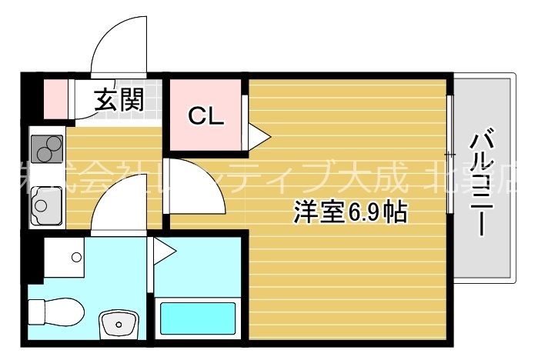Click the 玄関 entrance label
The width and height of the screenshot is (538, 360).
pyautogui.click(x=119, y=100)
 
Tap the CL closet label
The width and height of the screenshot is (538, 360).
pyautogui.click(x=206, y=117)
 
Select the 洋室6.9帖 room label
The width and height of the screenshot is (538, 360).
pyautogui.click(x=349, y=212)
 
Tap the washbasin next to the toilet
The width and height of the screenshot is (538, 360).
pyautogui.click(x=119, y=322)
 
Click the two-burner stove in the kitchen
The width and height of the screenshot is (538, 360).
pyautogui.click(x=47, y=147)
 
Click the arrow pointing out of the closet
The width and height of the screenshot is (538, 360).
pyautogui.click(x=259, y=138)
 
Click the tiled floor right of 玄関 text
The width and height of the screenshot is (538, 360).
pyautogui.click(x=153, y=100)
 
